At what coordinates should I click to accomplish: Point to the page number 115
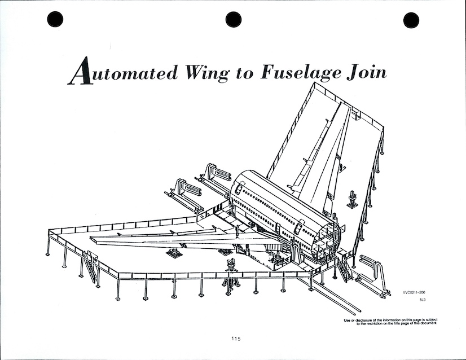coord(235,339)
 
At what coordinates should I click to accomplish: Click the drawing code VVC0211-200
coord(415,292)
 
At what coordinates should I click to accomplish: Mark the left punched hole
coord(55,20)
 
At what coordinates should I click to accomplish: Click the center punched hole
coord(234,20)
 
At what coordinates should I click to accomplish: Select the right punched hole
coord(411,20)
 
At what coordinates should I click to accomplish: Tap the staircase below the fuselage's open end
coord(342,269)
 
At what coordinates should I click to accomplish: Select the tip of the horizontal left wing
coord(96,240)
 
